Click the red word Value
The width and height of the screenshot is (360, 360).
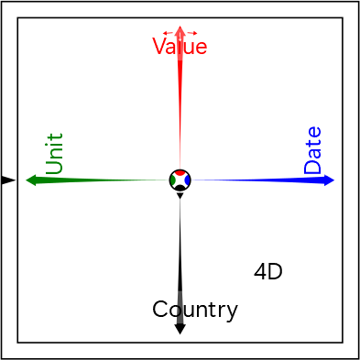click(180, 46)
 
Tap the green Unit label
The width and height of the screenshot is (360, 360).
click(54, 154)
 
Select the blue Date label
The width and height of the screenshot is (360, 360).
click(312, 150)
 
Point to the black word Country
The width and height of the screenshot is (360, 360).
click(195, 310)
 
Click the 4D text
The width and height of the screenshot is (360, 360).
click(268, 272)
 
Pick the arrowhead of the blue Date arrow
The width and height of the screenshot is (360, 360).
click(329, 180)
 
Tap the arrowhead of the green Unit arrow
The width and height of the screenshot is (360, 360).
click(31, 180)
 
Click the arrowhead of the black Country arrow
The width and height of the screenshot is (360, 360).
click(180, 329)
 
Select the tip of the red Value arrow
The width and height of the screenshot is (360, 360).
click(180, 26)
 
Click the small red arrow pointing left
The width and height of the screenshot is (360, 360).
click(168, 33)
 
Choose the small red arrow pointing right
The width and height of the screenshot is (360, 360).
click(192, 33)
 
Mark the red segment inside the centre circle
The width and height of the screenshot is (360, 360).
click(180, 172)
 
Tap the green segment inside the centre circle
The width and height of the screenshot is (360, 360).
click(172, 180)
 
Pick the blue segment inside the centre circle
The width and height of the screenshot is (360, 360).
click(188, 180)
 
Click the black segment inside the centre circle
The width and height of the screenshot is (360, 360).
click(180, 188)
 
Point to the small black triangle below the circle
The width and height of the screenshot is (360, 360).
click(180, 196)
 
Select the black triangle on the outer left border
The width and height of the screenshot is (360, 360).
click(7, 180)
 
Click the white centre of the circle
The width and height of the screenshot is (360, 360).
click(180, 180)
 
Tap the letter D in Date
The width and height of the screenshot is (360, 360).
click(312, 166)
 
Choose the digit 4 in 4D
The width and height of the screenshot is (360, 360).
click(260, 272)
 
